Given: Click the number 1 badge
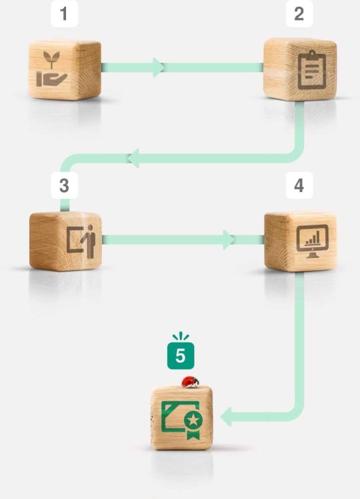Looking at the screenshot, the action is click(64, 14).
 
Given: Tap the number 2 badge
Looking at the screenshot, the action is click(299, 14).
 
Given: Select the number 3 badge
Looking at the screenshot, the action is click(64, 185).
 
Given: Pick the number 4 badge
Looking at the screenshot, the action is click(299, 185).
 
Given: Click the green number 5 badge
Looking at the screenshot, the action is click(181, 356).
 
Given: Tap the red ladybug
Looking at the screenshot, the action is click(191, 382).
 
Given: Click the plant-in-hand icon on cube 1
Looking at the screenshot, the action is click(51, 69).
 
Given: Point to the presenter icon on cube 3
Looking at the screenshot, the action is click(81, 241).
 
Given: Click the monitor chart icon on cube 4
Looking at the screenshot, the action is click(312, 241).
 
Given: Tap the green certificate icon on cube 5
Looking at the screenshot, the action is click(182, 420).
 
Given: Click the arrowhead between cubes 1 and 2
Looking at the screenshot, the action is click(158, 67).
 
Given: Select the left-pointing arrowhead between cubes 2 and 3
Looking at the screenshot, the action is click(133, 158).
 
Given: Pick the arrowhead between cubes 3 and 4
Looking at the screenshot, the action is click(229, 239).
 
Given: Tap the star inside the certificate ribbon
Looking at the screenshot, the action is click(193, 421).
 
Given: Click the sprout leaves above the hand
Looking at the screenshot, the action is click(51, 57).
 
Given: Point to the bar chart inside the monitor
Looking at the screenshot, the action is click(313, 238).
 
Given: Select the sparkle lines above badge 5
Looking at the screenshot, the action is click(181, 336).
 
